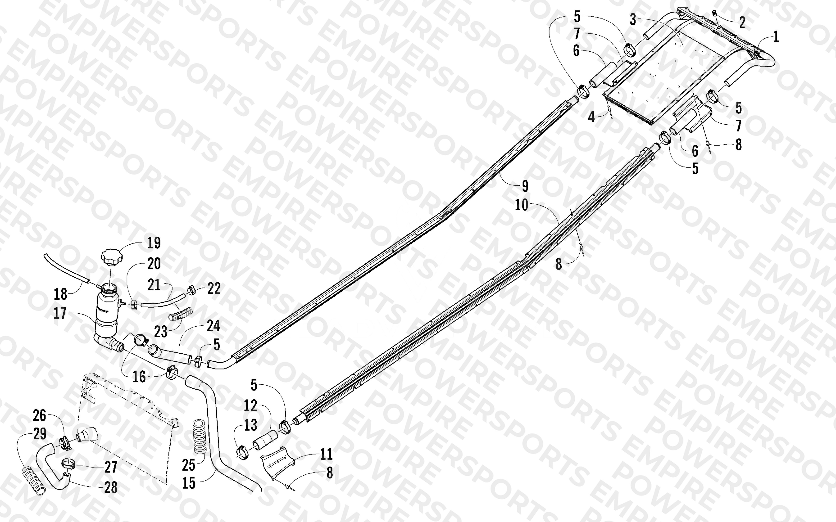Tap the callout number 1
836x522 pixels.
[x=776, y=37]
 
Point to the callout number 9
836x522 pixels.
[x=525, y=186]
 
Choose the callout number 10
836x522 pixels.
[x=522, y=205]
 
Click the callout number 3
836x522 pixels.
[x=633, y=20]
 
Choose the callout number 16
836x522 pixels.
[x=139, y=377]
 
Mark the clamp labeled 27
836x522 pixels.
[x=69, y=463]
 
